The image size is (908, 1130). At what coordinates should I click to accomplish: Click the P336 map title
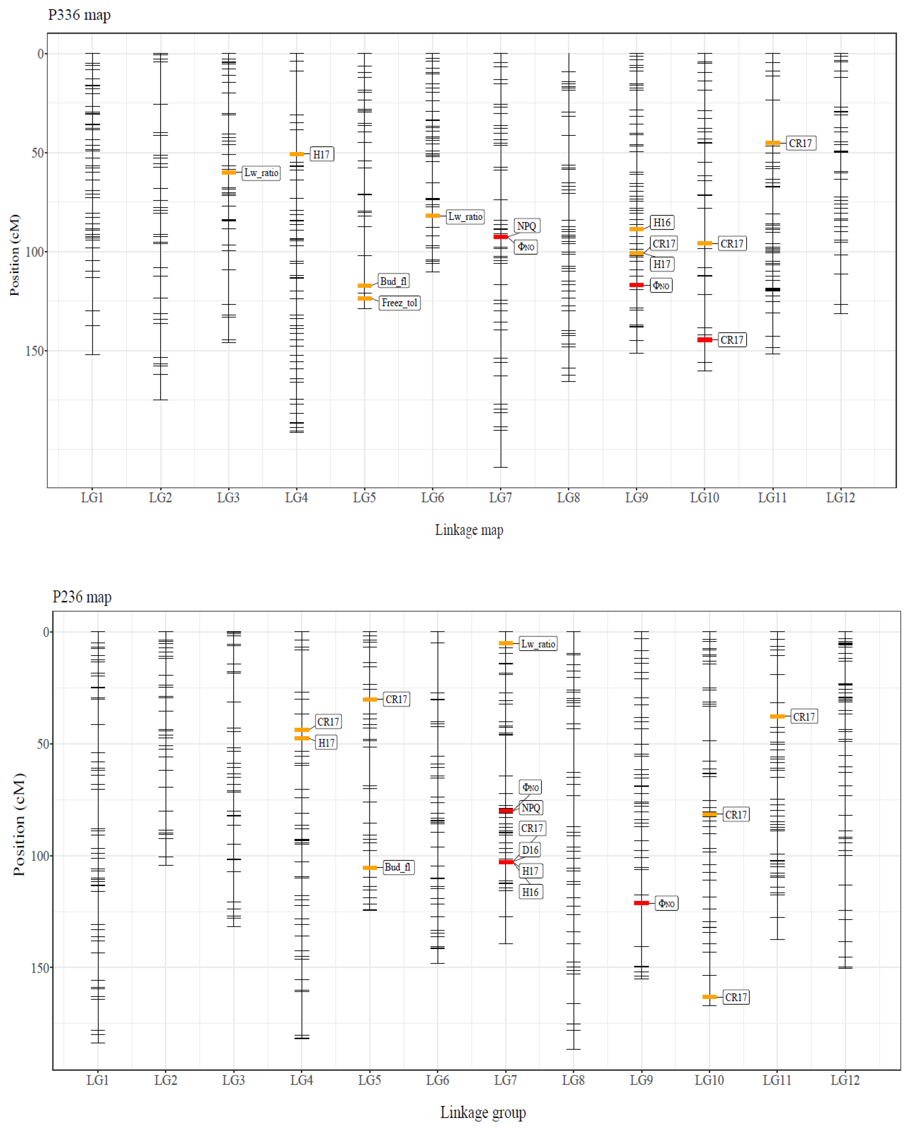click(79, 15)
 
